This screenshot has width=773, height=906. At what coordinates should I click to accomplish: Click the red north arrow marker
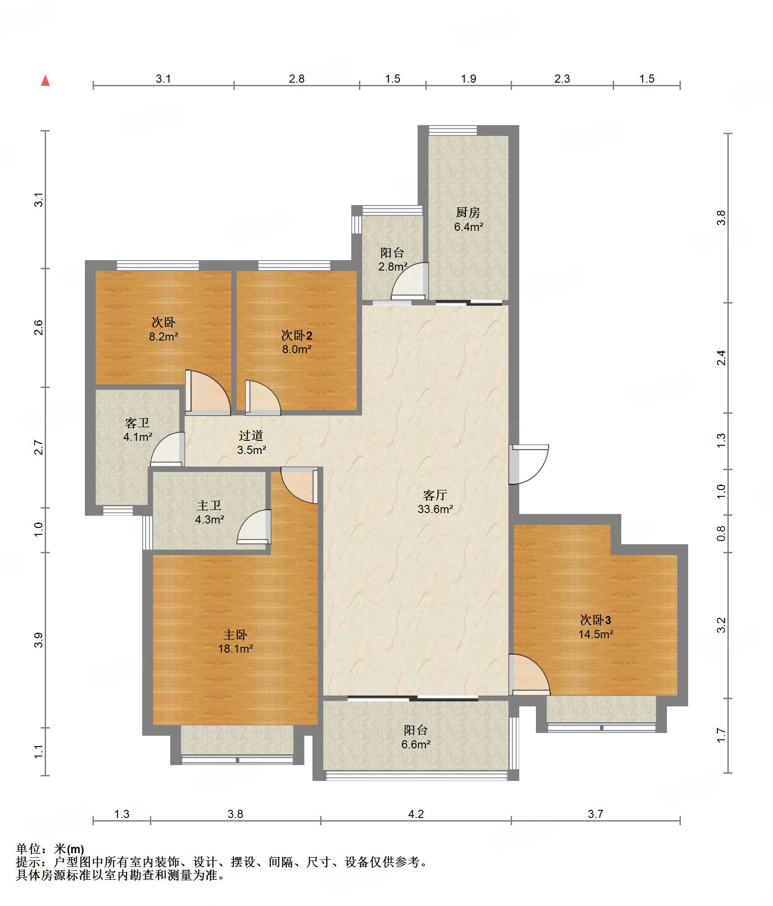click(x=45, y=80)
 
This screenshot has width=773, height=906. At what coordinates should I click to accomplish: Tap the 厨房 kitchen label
click(x=468, y=212)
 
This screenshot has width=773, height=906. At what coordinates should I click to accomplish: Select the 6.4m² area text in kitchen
click(x=469, y=227)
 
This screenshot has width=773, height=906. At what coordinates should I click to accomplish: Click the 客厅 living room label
click(x=435, y=495)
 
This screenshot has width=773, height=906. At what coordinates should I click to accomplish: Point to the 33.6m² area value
click(x=435, y=509)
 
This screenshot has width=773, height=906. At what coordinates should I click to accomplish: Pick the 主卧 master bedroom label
click(x=235, y=635)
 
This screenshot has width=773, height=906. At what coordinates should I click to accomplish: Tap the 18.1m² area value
click(x=235, y=649)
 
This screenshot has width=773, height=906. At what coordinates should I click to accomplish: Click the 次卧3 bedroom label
click(x=596, y=620)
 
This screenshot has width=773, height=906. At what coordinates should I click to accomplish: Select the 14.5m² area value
click(x=596, y=634)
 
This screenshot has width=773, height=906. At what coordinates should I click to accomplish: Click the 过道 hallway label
click(x=251, y=435)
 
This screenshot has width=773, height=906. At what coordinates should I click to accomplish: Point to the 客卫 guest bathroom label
click(x=137, y=423)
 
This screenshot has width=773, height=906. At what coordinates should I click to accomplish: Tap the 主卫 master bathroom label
click(x=209, y=505)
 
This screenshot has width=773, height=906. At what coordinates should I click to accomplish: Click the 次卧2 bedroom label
click(x=297, y=335)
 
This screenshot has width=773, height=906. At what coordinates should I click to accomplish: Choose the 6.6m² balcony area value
click(x=416, y=744)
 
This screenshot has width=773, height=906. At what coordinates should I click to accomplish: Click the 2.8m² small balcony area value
click(x=393, y=266)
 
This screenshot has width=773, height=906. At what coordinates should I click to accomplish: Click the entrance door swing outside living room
click(x=529, y=464)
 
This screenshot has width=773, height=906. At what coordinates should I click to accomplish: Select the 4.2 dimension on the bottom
click(x=416, y=814)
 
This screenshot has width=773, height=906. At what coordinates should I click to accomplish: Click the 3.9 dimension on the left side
click(x=38, y=640)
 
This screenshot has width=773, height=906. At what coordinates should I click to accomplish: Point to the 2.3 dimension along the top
click(x=562, y=79)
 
